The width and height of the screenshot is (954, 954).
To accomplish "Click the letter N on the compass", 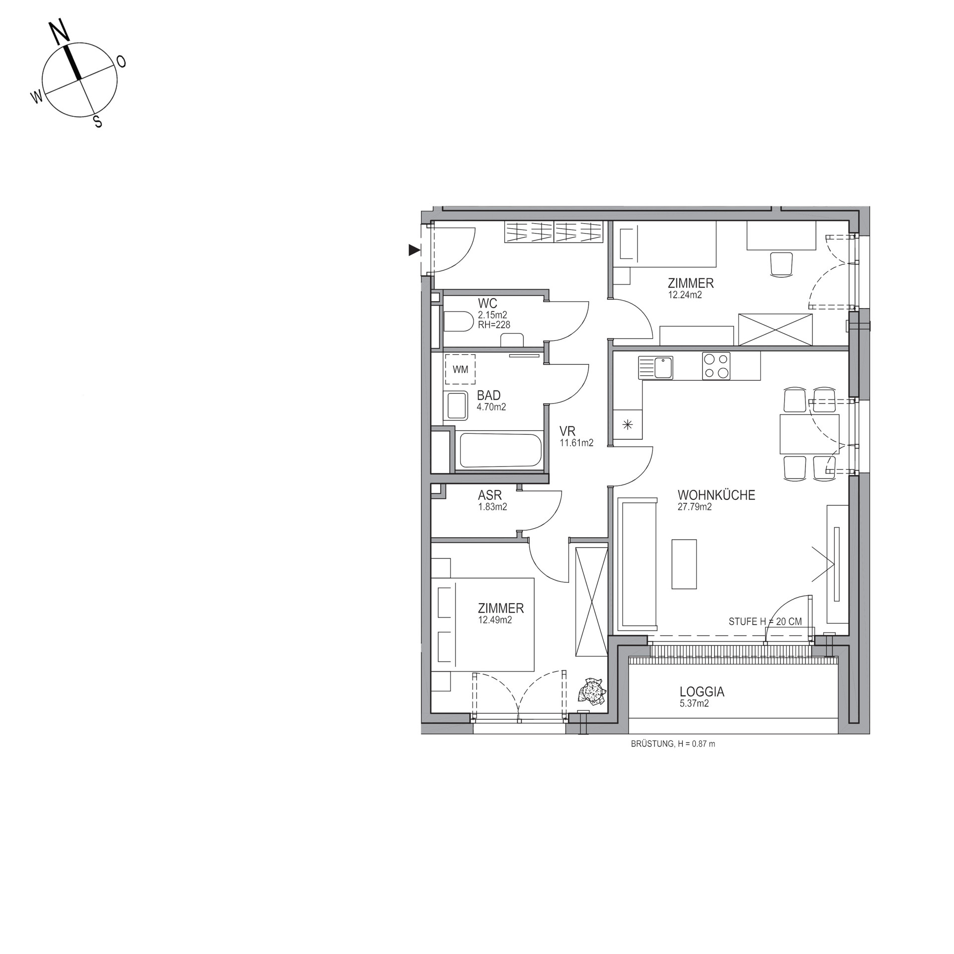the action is pos(60,33).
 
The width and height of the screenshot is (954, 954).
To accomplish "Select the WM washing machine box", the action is pos(460,369).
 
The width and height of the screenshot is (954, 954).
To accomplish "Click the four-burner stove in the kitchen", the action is pos(716,366).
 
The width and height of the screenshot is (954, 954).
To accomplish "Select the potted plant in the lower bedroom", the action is pos(591,691).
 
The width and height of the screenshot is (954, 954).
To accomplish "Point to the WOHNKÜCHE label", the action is pos(716,495).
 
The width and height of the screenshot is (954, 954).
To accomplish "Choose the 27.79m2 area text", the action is pos(695,507).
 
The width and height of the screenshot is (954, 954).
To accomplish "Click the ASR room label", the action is pos(489,495).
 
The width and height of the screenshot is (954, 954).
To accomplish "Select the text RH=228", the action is pos(494,325).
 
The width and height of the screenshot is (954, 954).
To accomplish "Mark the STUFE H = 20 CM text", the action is pos(765,622).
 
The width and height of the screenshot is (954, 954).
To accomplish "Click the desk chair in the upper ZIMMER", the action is pos(781,263).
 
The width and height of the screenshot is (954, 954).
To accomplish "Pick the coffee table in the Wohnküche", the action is pos(684,564).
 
